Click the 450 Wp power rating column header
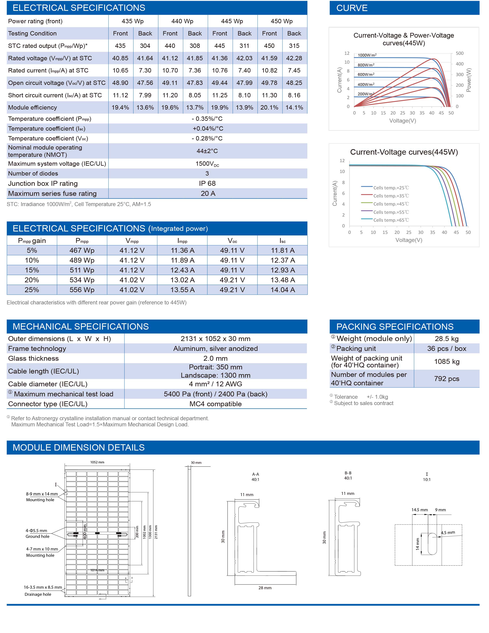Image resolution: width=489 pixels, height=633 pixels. click(x=282, y=21)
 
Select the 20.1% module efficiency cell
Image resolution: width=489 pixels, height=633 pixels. click(x=269, y=108)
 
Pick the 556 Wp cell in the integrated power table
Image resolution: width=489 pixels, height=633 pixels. click(x=82, y=290)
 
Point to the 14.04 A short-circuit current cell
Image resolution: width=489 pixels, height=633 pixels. click(x=283, y=290)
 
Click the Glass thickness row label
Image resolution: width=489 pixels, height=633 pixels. click(x=33, y=359)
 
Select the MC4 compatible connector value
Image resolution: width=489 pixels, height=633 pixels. click(x=216, y=404)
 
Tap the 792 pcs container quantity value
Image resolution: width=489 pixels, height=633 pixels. click(x=447, y=379)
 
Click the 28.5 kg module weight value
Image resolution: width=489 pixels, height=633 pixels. click(x=447, y=339)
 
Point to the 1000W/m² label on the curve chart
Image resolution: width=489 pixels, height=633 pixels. click(x=367, y=55)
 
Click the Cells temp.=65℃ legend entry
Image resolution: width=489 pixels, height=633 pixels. click(x=391, y=220)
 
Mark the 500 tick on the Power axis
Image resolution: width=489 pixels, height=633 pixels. click(x=460, y=53)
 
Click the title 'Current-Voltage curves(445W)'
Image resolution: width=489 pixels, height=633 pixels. click(x=404, y=152)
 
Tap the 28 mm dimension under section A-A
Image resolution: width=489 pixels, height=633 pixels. click(x=265, y=588)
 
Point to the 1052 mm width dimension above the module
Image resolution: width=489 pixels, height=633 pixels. click(x=97, y=462)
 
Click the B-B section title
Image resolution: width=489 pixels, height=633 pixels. click(x=348, y=473)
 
